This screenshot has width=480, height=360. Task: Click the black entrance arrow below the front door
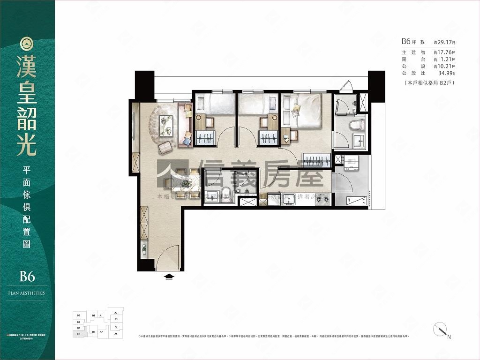(x=169, y=277)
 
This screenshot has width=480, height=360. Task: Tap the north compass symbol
(x=441, y=330)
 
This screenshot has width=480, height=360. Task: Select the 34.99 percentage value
(x=445, y=74)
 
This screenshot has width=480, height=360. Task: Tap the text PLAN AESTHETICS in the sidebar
(x=27, y=293)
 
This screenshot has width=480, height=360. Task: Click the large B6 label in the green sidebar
(x=27, y=277)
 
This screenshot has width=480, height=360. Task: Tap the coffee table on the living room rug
(x=166, y=126)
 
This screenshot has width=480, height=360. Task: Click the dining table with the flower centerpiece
(x=183, y=184)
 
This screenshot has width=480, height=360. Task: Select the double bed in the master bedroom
(x=303, y=111)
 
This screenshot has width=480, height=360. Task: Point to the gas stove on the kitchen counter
(x=322, y=199)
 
